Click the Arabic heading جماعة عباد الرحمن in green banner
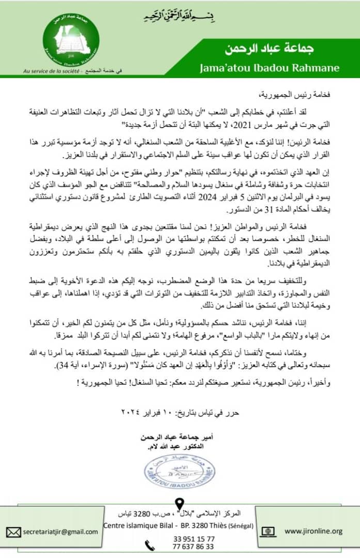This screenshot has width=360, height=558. [269, 50]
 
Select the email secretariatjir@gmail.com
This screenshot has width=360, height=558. [59, 532]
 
